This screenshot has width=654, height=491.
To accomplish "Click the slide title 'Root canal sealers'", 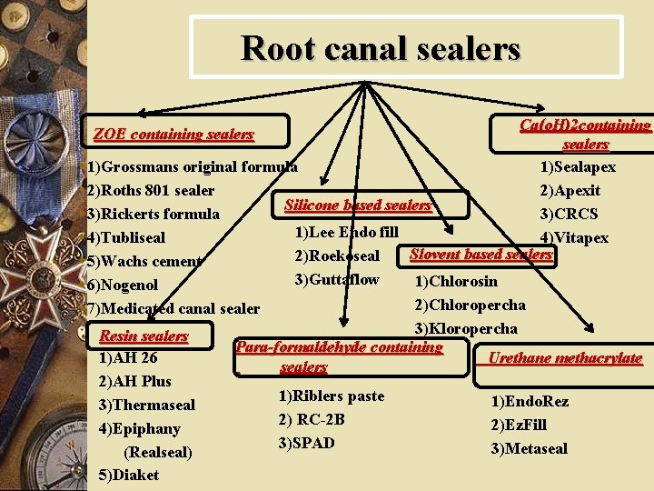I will click(381, 48).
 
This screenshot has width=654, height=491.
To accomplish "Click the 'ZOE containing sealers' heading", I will click(173, 135).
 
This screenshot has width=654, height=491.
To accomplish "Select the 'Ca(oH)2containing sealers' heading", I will click(586, 134).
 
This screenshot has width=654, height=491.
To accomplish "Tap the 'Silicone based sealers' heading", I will click(357, 205).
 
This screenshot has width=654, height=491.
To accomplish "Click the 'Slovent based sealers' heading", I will click(481, 255).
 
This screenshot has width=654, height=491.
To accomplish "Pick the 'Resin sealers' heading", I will click(144, 336).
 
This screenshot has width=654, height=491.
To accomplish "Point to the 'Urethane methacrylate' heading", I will click(565, 358).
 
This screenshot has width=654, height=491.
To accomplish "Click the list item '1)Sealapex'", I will click(578, 166).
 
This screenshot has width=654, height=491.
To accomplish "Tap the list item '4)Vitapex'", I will click(574, 237).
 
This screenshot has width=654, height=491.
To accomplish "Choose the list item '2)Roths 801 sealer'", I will click(151, 190).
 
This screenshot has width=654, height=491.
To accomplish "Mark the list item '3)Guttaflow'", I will click(337, 279).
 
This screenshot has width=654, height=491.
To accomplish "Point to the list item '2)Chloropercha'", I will click(470, 305).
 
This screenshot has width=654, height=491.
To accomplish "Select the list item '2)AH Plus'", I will click(135, 380).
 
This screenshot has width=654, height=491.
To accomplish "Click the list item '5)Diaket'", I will click(129, 475).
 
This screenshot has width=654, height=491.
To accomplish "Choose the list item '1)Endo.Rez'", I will click(530, 401).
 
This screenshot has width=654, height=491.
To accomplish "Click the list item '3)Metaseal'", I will click(529, 448).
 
